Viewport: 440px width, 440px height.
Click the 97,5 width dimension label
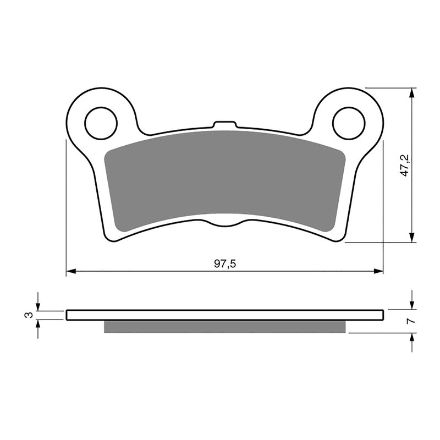(225, 264)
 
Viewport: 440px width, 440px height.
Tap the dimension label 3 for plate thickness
(26, 315)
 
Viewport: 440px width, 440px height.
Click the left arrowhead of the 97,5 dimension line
(70, 271)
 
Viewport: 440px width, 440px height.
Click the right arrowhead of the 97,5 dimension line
(379, 271)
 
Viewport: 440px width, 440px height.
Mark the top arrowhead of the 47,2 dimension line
(411, 92)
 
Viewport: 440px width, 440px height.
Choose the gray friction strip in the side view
(224, 327)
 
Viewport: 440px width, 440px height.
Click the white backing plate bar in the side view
(224, 315)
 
